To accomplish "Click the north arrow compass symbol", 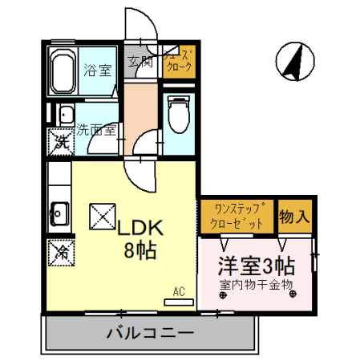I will coord(293,60).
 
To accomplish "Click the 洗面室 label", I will coord(97,128).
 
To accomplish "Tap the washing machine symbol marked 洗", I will coord(60,142).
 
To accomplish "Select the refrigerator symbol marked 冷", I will coord(60,251).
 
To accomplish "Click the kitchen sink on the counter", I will coord(59,213).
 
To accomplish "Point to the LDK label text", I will coord(140,229).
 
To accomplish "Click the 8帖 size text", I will coord(139,249).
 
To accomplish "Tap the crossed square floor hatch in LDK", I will coord(102,215).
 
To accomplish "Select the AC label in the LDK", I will coord(179,292).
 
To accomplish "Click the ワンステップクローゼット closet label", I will coord(237,217).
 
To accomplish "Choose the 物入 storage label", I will coord(293,215).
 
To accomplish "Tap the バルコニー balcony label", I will coord(151,332).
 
